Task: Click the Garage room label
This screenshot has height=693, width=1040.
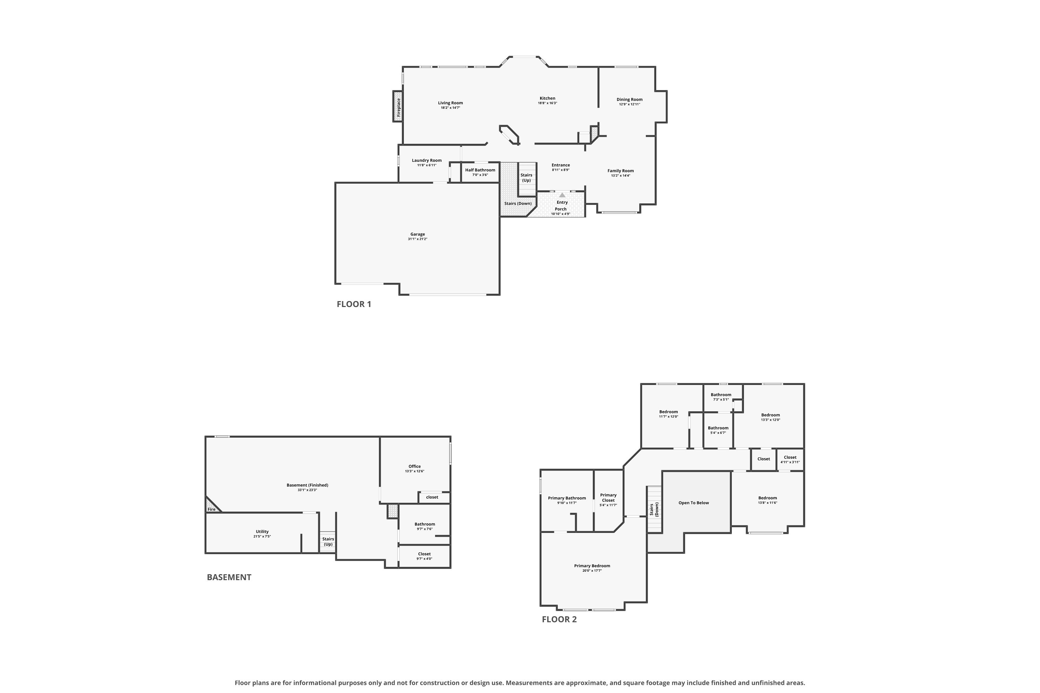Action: coord(417,234)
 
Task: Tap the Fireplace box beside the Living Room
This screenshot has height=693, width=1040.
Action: coord(398,106)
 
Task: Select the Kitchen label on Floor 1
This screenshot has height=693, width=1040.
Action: coord(547,98)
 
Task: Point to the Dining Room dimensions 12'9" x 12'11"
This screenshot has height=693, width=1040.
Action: coord(629,104)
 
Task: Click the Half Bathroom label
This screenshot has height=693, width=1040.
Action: coord(480,170)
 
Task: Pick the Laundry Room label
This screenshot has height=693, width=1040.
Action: coord(427,160)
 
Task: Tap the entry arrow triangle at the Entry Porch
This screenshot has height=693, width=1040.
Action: coord(562,195)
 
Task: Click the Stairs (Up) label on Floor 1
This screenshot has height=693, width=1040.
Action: coord(526,178)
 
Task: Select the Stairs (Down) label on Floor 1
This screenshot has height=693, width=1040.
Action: coord(518,204)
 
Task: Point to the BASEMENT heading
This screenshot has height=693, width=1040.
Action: coord(229,577)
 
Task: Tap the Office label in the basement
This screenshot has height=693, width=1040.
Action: coord(414,466)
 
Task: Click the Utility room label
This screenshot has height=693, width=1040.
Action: coord(262,532)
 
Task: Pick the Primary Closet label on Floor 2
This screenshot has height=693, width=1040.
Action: coord(608,498)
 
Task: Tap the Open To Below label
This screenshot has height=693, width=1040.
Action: coord(693,503)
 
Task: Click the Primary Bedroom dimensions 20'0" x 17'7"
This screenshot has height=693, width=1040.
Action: coord(592,571)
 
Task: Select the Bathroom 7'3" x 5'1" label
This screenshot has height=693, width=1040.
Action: coord(721,397)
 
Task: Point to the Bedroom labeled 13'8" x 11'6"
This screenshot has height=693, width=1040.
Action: coord(767,500)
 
